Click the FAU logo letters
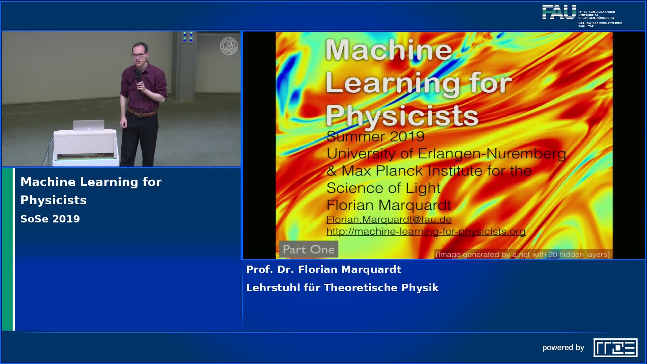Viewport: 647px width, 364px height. [559, 12]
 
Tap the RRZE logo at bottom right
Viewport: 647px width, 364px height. [615, 347]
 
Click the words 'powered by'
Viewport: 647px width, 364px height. [563, 348]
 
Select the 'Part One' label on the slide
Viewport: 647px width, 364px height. [309, 249]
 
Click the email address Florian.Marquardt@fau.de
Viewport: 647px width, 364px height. [389, 219]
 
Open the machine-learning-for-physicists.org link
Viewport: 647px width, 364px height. [426, 232]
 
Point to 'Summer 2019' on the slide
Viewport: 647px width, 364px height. [375, 136]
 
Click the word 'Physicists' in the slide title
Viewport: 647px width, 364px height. [402, 116]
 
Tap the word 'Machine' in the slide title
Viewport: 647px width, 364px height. [389, 50]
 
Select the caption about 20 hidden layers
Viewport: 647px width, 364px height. [523, 254]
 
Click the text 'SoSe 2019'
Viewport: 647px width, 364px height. [50, 219]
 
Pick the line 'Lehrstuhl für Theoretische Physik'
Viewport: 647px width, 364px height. [342, 288]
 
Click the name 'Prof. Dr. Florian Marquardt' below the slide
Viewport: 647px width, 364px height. [324, 270]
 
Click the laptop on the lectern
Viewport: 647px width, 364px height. [89, 125]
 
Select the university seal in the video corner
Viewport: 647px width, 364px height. [229, 46]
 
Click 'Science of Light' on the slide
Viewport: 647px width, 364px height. [383, 188]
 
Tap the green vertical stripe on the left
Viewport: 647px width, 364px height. [7, 249]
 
